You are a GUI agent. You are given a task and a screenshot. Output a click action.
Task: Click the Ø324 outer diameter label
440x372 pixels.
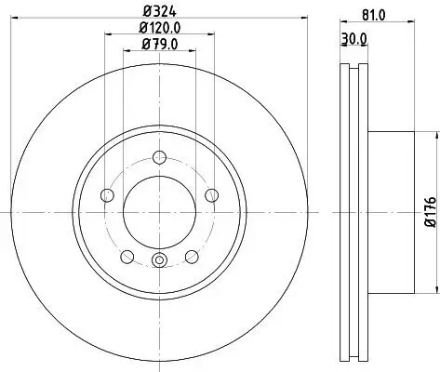159,10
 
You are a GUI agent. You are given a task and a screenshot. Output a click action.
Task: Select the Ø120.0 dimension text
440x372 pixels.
159,27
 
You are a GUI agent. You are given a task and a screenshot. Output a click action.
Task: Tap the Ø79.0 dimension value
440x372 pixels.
159,43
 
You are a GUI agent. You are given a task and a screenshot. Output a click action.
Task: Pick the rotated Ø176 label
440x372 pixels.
430,213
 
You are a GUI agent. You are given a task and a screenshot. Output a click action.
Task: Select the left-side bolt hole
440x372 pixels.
107,195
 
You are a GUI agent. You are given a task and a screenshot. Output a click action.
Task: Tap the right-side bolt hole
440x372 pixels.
212,194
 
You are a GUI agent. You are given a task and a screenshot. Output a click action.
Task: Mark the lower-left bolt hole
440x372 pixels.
127,257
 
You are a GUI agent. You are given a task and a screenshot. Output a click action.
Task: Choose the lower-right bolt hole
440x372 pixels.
192,257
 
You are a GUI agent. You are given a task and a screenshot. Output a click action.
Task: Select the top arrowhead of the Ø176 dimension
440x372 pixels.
433,133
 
